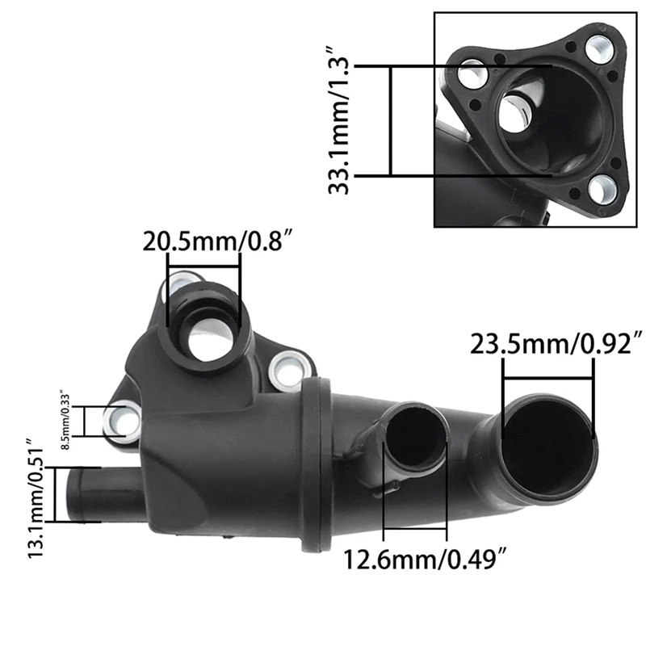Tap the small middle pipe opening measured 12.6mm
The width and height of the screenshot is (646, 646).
tap(415, 440)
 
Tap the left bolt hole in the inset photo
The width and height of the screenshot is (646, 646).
tap(472, 78)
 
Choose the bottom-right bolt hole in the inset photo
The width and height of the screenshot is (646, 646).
tap(602, 189)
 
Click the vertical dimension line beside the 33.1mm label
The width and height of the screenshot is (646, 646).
tap(390, 121)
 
